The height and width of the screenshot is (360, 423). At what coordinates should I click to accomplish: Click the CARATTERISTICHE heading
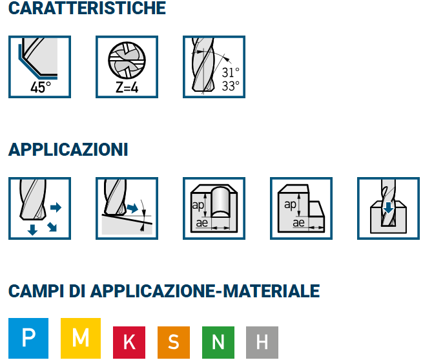tap(87, 8)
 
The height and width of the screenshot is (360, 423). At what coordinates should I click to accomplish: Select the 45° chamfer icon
tap(39, 67)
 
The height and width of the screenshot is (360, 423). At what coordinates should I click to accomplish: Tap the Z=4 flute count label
tap(127, 87)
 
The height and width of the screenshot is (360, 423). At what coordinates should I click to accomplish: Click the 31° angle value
tap(231, 72)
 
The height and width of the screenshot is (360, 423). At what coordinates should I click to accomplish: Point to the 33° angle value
tap(231, 86)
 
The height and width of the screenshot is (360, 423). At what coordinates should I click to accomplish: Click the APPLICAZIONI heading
tap(68, 149)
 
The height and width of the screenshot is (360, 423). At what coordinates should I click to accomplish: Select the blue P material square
tap(28, 338)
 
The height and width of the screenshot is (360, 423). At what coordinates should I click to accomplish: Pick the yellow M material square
tap(81, 338)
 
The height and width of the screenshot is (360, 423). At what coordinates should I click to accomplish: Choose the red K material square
tap(129, 343)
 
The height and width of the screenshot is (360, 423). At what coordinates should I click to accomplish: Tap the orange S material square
tap(174, 343)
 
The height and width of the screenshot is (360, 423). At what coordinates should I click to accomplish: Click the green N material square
tap(218, 343)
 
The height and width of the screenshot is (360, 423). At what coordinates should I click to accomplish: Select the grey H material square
tap(262, 343)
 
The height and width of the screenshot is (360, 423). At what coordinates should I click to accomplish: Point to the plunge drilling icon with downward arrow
tap(388, 208)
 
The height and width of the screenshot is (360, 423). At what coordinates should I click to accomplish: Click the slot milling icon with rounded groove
tap(214, 208)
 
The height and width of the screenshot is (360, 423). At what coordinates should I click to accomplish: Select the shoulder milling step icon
tap(301, 208)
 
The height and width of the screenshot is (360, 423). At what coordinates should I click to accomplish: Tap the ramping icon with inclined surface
tap(127, 208)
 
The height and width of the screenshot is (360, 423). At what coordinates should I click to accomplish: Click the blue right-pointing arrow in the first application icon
tap(56, 207)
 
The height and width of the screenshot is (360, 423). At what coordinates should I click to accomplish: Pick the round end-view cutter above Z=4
tap(127, 60)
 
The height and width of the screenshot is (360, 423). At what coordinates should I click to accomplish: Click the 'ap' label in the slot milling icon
tap(198, 206)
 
